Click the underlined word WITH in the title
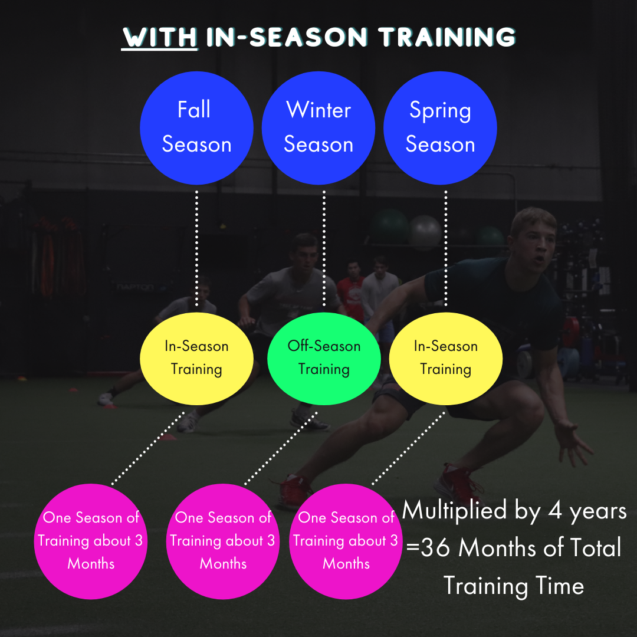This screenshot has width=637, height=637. [x=159, y=37]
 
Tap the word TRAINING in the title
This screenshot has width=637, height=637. [x=447, y=37]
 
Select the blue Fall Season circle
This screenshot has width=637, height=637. [x=196, y=128]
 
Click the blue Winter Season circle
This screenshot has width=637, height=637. [x=318, y=128]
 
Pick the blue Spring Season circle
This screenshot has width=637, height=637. [x=440, y=128]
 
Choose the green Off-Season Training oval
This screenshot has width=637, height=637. [x=324, y=358]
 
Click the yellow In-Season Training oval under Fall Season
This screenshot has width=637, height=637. [x=196, y=358]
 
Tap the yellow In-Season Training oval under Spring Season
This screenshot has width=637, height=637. [x=445, y=358]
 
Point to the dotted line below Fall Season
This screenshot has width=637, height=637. [x=196, y=248]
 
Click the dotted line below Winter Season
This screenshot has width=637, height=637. [x=324, y=248]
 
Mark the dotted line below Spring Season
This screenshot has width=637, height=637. [x=445, y=248]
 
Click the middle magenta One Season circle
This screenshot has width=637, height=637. [x=223, y=541]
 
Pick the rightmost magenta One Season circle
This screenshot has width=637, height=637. [x=346, y=541]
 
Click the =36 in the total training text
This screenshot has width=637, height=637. [x=429, y=549]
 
